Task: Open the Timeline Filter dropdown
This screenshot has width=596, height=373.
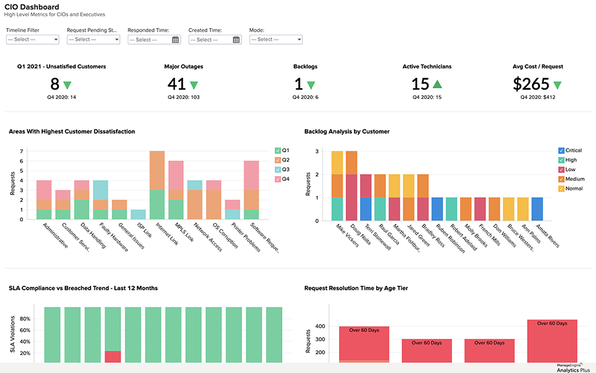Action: tap(32, 39)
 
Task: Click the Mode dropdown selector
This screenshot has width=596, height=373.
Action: tap(276, 39)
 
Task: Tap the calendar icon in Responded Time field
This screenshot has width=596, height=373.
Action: tap(176, 40)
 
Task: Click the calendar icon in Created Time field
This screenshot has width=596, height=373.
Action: tap(237, 40)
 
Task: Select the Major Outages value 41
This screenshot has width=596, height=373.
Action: tap(177, 84)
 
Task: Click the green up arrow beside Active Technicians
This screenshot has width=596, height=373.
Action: tap(437, 85)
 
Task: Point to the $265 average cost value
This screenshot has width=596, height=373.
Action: tap(531, 84)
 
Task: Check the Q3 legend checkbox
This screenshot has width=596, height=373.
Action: tap(278, 169)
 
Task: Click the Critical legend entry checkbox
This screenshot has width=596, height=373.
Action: tap(561, 150)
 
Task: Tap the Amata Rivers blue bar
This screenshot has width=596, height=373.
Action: tap(538, 210)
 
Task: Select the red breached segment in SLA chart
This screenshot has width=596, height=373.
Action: tap(113, 357)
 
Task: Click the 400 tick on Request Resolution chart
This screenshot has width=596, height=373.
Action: tap(321, 326)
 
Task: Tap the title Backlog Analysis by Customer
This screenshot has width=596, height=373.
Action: tap(347, 131)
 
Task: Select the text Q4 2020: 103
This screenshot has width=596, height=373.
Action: tap(184, 97)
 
